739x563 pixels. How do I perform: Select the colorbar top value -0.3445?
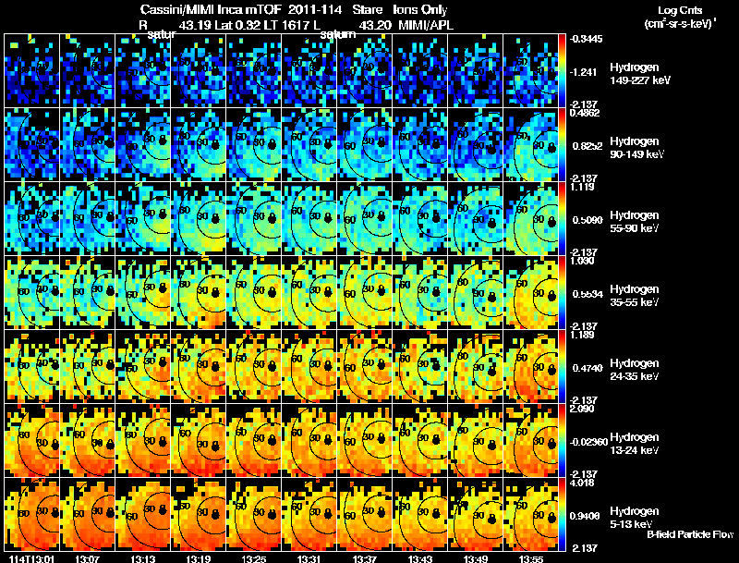click(x=588, y=39)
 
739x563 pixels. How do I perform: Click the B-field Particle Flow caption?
click(x=689, y=534)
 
